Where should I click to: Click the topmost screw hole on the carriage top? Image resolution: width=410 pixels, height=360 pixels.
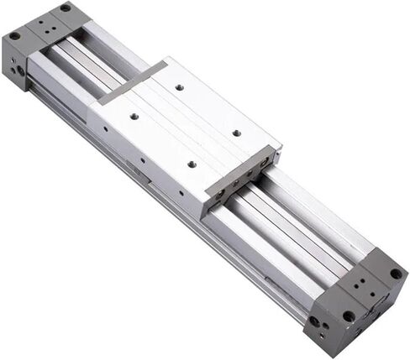point(180,86)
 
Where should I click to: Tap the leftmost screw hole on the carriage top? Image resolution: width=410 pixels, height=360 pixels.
point(133,116)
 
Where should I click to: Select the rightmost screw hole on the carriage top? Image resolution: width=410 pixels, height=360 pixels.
point(236,133)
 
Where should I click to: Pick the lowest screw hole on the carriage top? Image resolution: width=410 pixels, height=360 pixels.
point(191,164)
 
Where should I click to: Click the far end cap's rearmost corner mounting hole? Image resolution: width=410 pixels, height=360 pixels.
point(65,8)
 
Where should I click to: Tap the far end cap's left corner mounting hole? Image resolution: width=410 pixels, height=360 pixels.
point(14,36)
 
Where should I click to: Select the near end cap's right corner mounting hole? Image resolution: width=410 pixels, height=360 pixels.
point(395,274)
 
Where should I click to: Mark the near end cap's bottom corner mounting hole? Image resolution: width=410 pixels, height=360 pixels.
point(348,316)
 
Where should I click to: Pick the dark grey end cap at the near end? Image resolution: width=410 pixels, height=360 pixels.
point(357,298)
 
